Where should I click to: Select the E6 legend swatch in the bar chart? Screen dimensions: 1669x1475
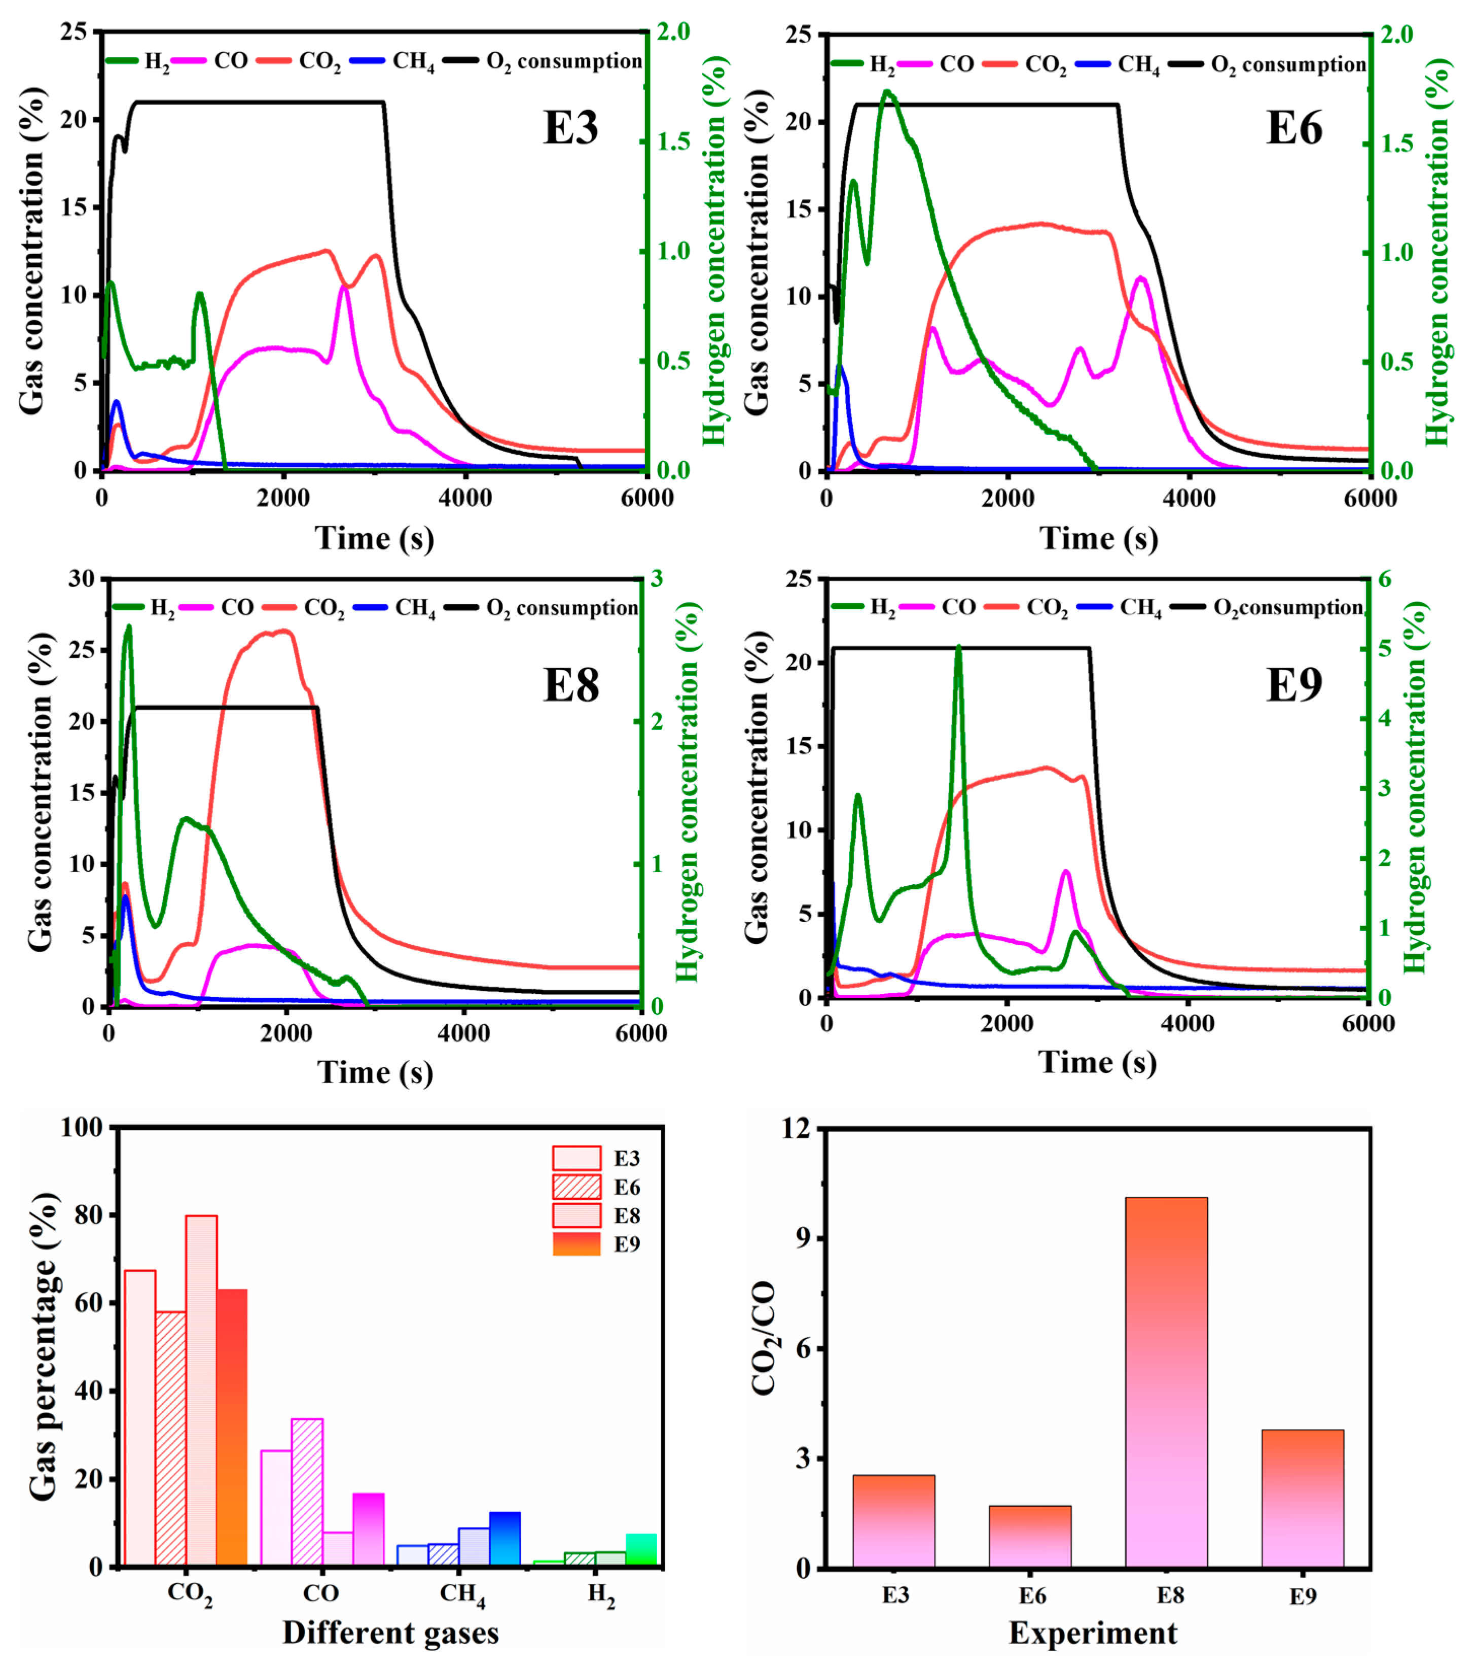577,1187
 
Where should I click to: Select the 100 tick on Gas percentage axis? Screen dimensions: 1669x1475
82,1128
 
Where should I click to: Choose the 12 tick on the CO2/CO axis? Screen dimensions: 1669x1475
797,1128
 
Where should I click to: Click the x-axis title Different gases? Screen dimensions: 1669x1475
390,1633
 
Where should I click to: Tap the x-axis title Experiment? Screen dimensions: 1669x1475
1093,1633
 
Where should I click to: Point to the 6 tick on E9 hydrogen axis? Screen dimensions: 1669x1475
1385,579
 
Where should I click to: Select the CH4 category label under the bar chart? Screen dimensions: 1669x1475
462,1594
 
